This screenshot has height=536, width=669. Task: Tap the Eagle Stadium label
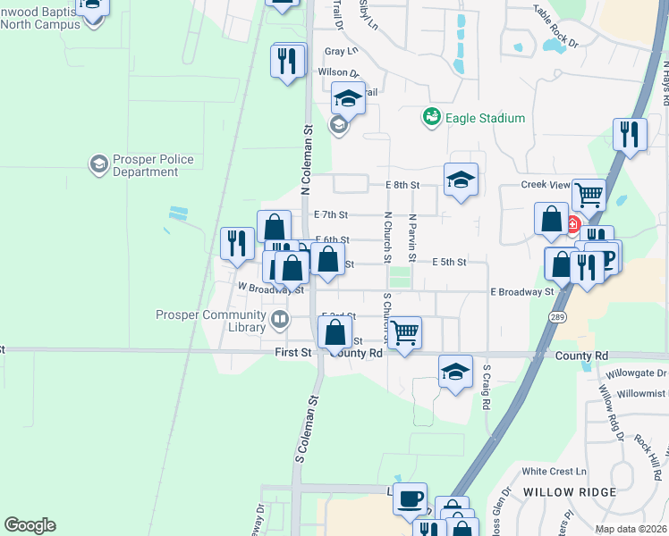click(486, 118)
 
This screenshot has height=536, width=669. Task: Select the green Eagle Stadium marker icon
click(432, 117)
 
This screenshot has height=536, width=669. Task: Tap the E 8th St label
click(403, 185)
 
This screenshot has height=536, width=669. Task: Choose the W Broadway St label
click(271, 288)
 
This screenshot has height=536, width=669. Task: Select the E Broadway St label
click(522, 292)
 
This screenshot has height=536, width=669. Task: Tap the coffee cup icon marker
click(411, 498)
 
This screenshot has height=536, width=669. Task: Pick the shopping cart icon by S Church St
click(405, 332)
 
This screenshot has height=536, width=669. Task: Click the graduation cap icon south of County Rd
click(455, 372)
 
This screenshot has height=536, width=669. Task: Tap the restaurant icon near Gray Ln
click(287, 60)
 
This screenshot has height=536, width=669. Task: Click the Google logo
click(30, 525)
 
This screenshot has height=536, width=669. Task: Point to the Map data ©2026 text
click(631, 529)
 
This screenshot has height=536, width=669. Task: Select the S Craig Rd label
click(487, 386)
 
